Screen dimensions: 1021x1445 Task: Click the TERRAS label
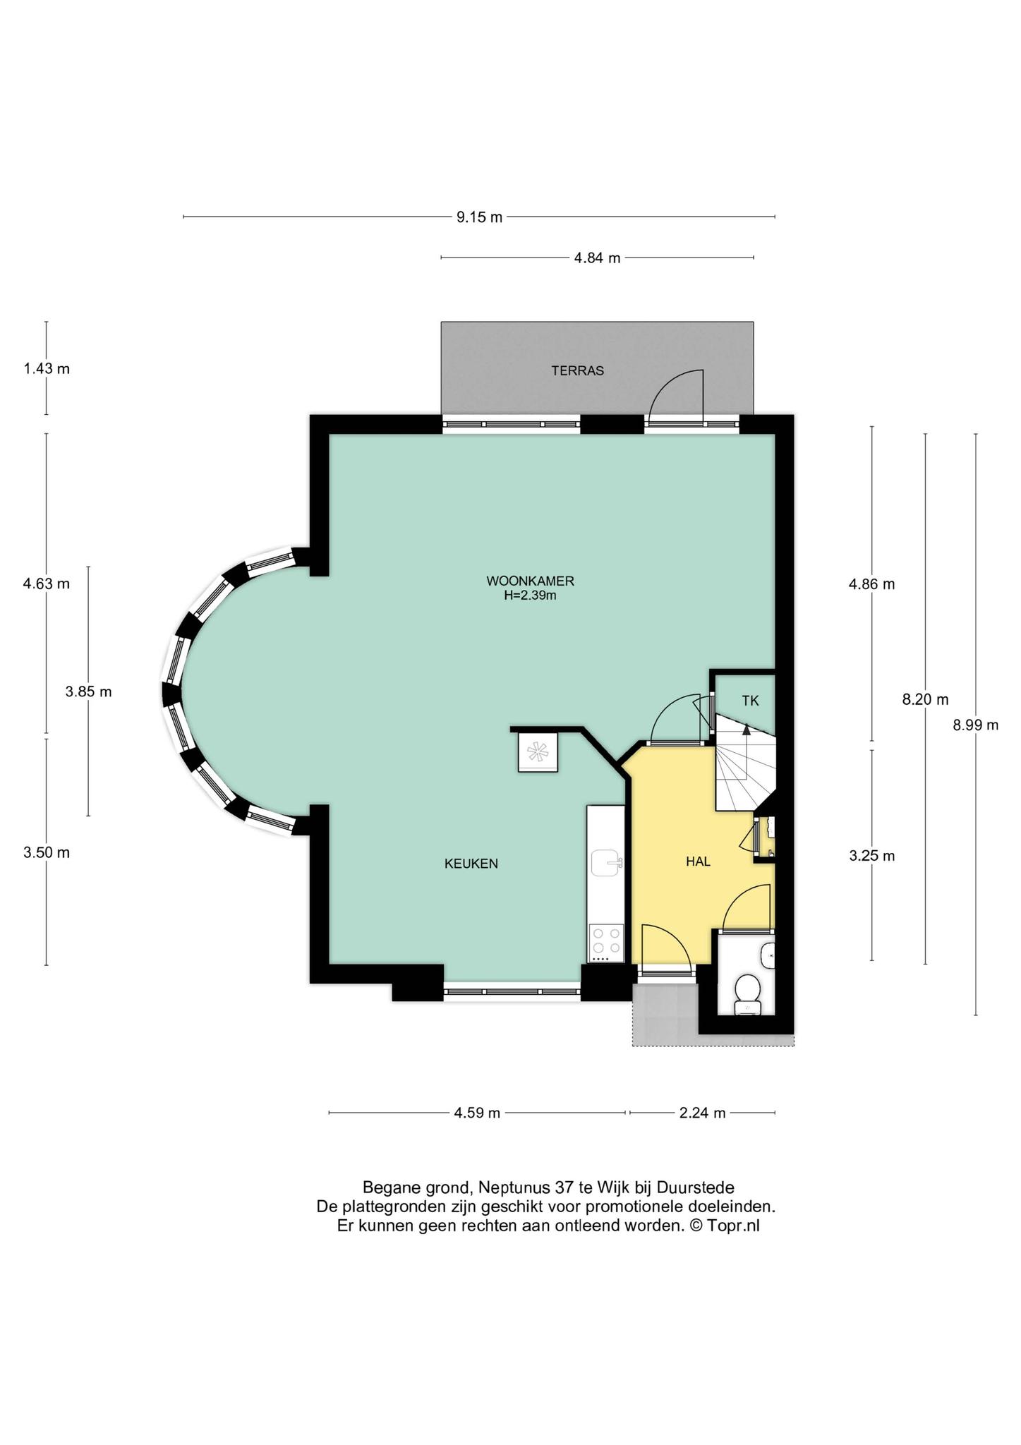click(x=577, y=371)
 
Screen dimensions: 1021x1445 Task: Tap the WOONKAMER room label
click(x=530, y=581)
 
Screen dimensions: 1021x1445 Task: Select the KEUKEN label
click(x=471, y=864)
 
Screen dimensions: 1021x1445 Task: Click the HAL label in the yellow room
click(x=698, y=861)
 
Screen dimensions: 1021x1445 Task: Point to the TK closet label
click(x=750, y=701)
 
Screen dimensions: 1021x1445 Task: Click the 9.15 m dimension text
click(x=479, y=217)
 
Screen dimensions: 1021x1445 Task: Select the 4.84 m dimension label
click(x=597, y=258)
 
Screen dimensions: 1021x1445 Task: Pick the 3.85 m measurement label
click(x=89, y=692)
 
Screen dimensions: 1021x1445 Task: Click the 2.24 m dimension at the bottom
click(x=702, y=1113)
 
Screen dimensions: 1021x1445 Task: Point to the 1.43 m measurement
click(x=47, y=368)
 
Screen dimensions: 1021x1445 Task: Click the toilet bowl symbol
click(x=746, y=992)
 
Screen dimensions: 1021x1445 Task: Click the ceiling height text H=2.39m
click(x=530, y=595)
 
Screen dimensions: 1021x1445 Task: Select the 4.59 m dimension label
click(x=477, y=1113)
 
